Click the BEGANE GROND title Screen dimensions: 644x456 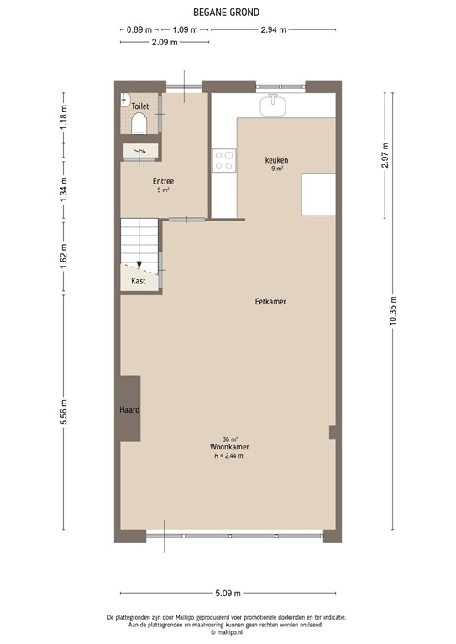point(227,12)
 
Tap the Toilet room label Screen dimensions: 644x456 point(139,106)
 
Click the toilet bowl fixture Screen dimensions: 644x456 point(139,124)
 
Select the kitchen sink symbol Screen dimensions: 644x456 point(273,105)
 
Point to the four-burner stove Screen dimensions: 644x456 point(224,160)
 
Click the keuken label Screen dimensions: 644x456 point(276,159)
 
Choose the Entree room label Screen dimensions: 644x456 point(163,181)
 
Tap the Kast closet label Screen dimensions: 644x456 point(139,281)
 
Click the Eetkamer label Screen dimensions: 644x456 point(270,301)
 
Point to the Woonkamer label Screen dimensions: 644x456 point(229,447)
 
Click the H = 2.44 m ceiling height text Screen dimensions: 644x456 point(229,456)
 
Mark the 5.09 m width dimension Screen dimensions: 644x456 point(227,594)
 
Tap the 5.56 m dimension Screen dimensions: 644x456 point(64,412)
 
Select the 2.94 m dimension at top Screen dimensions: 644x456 point(274,29)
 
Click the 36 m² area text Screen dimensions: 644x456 point(229,439)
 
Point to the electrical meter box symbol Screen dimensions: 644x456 point(139,152)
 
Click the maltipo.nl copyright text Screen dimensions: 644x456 point(227,633)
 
